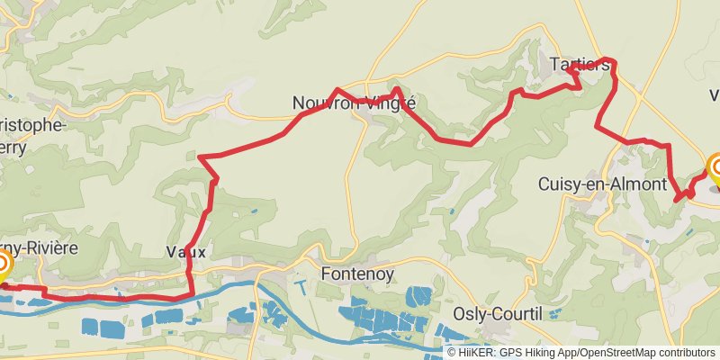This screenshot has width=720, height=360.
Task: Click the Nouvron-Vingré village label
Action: pos(354,103)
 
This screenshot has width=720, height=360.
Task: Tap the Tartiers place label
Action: pos(579,65)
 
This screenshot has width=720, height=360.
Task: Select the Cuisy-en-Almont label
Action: pos(602,184)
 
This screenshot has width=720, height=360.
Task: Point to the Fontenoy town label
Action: pos(357,274)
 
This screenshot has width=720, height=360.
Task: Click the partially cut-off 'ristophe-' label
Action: pos(32,124)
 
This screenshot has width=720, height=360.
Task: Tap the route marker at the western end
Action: pos(2,265)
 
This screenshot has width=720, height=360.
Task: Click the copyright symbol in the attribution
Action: pos(452,352)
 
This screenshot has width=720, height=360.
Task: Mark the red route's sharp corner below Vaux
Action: pos(190,292)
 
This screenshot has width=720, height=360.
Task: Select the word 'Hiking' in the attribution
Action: pos(533,352)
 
